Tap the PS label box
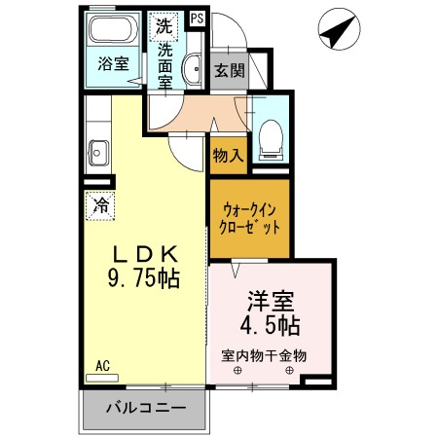click(198, 18)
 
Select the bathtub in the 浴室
click(114, 32)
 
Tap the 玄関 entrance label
click(229, 71)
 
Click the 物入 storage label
click(227, 155)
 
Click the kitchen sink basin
click(97, 151)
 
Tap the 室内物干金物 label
click(264, 355)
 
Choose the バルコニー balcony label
click(144, 408)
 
